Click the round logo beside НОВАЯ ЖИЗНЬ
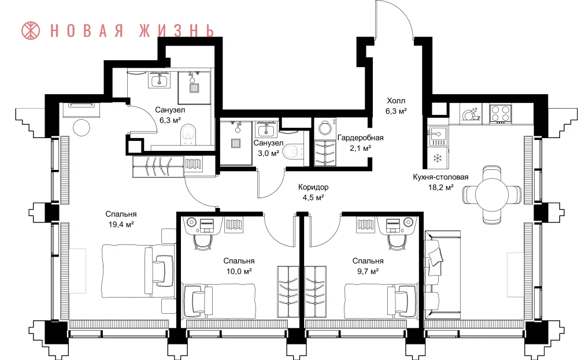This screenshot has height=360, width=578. [x=31, y=30]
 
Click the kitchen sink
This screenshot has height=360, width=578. [x=438, y=135]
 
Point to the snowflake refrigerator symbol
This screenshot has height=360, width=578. [x=438, y=158]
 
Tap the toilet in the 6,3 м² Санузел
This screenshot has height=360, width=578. [x=189, y=134]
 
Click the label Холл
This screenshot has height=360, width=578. [x=396, y=101]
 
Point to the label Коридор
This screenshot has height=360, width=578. [x=313, y=187]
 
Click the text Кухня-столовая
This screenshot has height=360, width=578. [x=440, y=177]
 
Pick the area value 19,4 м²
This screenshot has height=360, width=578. [x=121, y=224]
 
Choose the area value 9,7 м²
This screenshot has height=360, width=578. [x=368, y=271]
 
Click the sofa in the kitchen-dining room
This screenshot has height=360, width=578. [x=442, y=275]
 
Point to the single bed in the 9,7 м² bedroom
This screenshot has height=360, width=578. [x=381, y=300]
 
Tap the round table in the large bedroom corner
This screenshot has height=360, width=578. [x=81, y=128]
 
